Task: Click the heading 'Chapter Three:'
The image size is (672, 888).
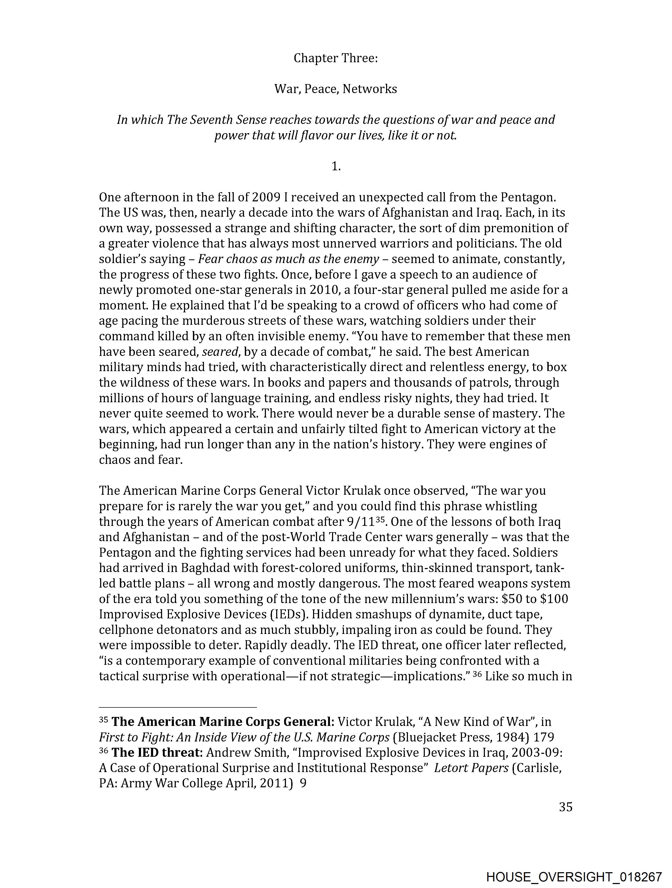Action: click(x=335, y=58)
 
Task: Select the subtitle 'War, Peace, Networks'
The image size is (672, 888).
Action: click(x=335, y=89)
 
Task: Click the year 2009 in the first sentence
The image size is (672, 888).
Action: click(x=266, y=197)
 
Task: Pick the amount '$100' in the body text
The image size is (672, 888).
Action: click(x=554, y=599)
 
